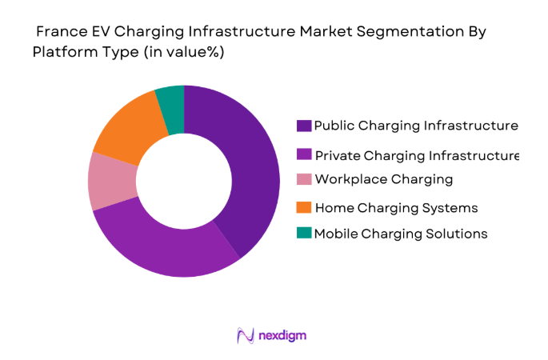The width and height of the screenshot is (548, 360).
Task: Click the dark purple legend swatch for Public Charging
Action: tap(303, 126)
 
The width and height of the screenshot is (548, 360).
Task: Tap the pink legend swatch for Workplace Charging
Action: tap(303, 179)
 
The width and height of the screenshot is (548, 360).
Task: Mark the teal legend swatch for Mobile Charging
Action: tap(303, 234)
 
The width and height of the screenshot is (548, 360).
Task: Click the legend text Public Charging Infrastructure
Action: tap(416, 126)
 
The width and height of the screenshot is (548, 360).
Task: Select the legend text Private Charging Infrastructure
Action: tap(417, 154)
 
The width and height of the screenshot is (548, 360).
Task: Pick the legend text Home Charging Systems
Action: tap(396, 208)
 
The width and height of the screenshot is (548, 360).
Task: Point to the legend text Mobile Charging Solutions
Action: tap(401, 234)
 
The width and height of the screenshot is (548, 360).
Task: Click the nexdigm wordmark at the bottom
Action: tap(282, 336)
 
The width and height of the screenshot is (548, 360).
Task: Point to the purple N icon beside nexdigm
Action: tap(245, 336)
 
